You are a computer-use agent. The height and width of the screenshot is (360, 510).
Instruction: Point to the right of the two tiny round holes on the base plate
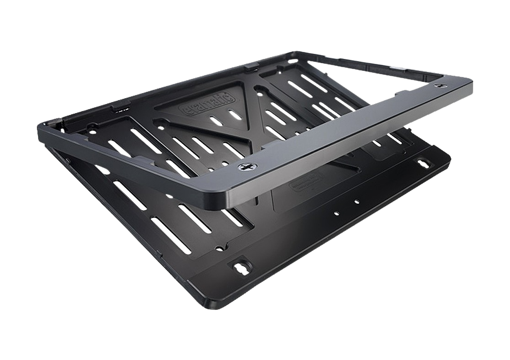(356, 201)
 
